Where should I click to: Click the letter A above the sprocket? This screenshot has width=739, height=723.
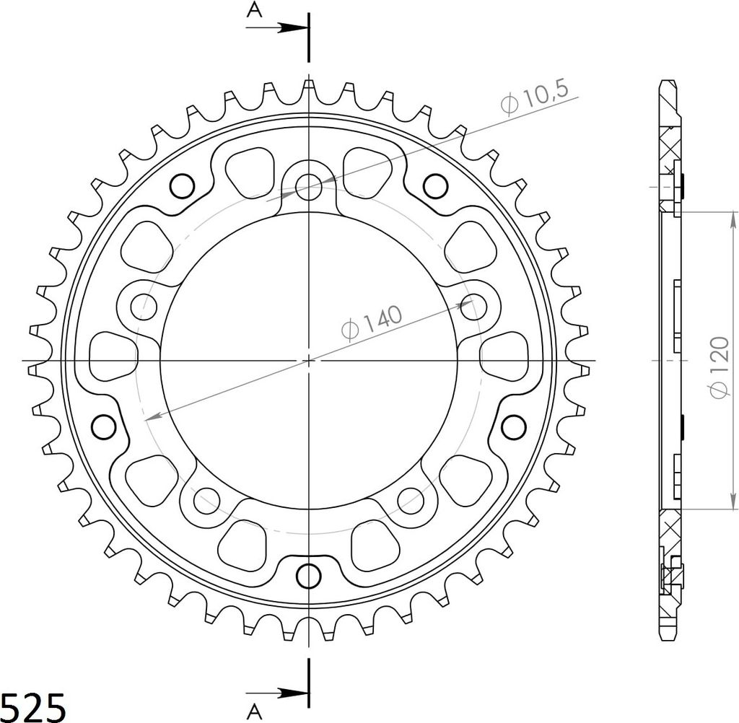point(254,9)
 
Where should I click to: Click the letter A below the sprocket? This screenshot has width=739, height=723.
point(254,712)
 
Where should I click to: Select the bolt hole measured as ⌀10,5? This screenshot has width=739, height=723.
point(309,187)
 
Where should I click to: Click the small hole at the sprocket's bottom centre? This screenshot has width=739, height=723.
point(309,575)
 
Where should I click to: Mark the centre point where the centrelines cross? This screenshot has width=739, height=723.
point(309,359)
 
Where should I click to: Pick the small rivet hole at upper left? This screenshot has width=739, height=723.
point(182,185)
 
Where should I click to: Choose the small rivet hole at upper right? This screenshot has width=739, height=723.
point(434,185)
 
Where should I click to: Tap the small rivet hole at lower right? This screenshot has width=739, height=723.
point(513,426)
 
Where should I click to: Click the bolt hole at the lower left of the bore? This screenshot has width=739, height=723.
point(208,497)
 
